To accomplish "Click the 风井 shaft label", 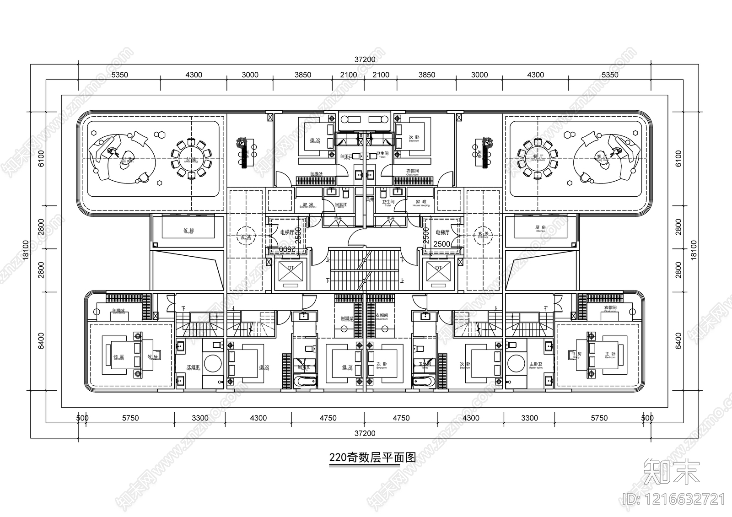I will click(x=370, y=199).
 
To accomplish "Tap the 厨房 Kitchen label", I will click(x=540, y=228).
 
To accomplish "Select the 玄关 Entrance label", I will click(x=483, y=234).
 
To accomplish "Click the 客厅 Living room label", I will click(x=603, y=157).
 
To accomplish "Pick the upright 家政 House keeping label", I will click(x=421, y=203).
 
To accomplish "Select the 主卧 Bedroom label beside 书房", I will click(x=610, y=354).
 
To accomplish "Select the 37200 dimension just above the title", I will click(x=365, y=433).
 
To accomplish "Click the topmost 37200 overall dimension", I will click(x=365, y=59).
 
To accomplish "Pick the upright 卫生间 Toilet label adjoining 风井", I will click(x=388, y=203).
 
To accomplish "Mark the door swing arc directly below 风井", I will click(x=357, y=237).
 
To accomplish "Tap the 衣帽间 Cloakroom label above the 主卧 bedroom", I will click(x=610, y=309).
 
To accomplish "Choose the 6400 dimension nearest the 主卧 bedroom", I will click(x=678, y=341).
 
